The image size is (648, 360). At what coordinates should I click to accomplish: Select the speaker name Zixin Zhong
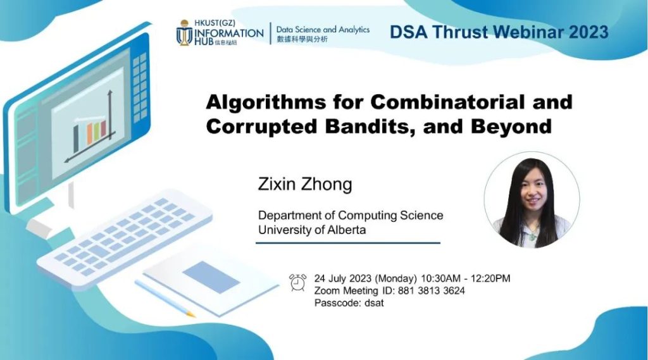[x=305, y=184]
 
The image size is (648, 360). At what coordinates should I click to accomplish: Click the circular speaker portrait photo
[x=532, y=200]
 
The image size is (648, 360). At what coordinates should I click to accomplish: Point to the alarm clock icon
[x=298, y=283]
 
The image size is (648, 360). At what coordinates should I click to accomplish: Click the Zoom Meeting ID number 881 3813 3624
[x=431, y=291]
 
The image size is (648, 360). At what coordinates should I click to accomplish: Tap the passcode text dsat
[x=374, y=303]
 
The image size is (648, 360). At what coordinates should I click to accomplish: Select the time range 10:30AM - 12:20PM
[x=465, y=278]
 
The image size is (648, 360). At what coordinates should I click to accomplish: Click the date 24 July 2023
[x=342, y=278]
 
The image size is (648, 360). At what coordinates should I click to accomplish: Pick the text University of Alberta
[x=312, y=230]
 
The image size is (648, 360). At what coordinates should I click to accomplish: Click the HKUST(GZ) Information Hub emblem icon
[x=184, y=33]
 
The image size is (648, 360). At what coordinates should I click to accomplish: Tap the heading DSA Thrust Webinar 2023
[x=499, y=32]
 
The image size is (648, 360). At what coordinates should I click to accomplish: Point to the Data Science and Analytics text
[x=323, y=30]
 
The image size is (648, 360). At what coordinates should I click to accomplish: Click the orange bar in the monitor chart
[x=89, y=134]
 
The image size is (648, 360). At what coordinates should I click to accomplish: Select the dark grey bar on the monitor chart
[x=76, y=139]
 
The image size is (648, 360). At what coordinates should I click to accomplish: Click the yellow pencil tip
[x=190, y=314]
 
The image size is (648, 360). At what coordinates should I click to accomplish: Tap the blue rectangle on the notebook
[x=211, y=277]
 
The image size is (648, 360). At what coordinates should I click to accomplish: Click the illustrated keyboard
[x=125, y=237]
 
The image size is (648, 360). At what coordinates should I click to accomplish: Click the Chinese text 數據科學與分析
[x=302, y=39]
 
